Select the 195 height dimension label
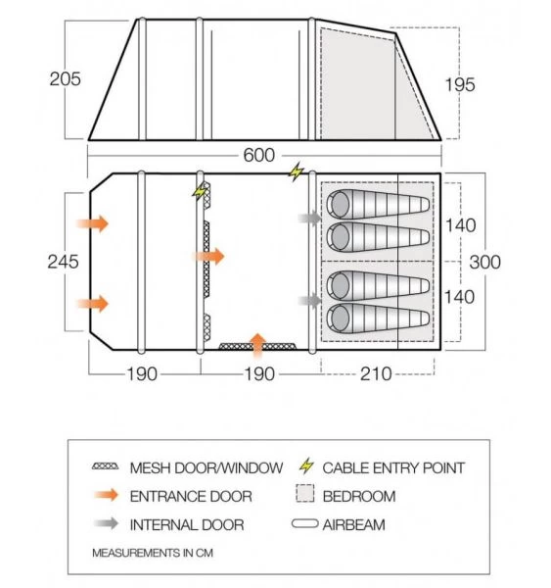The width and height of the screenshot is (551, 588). (x=459, y=85)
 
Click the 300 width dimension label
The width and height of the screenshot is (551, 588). (x=484, y=262)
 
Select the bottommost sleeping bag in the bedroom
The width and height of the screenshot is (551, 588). (x=378, y=318)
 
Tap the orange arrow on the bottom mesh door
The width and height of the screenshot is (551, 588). (x=257, y=343)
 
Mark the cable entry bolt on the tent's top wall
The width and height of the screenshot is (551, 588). (x=296, y=173)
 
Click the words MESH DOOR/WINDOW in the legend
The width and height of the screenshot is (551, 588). (x=207, y=467)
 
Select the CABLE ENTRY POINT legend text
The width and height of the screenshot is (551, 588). (x=393, y=467)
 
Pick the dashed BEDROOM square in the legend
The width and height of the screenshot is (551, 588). (x=306, y=496)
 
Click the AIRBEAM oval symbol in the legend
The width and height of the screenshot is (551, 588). (x=306, y=524)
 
